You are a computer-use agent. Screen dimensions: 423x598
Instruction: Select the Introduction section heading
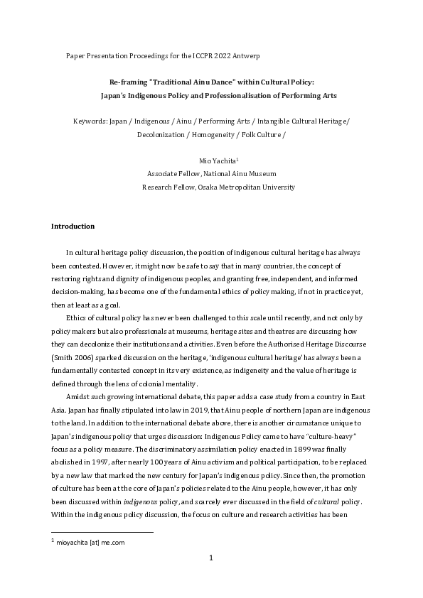[x=73, y=227]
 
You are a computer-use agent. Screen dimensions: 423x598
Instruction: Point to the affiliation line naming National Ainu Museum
[x=211, y=174]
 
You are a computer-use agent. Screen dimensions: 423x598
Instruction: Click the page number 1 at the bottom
[x=211, y=579]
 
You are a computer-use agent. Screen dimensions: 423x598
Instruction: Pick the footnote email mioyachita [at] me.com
[x=92, y=542]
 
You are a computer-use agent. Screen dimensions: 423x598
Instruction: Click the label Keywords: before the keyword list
[x=90, y=121]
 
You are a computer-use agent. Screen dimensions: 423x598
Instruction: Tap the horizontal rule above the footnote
[x=102, y=532]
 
